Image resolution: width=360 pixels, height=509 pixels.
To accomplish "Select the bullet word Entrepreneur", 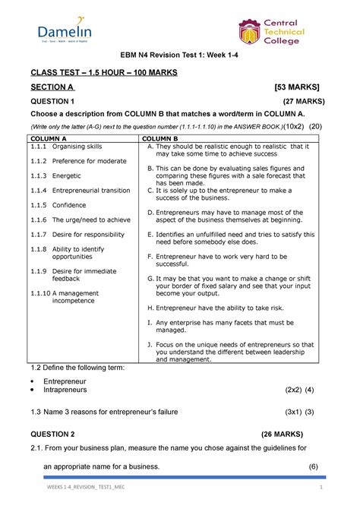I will [x=65, y=380].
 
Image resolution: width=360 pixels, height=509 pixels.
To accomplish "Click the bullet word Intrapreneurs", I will [x=65, y=389].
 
